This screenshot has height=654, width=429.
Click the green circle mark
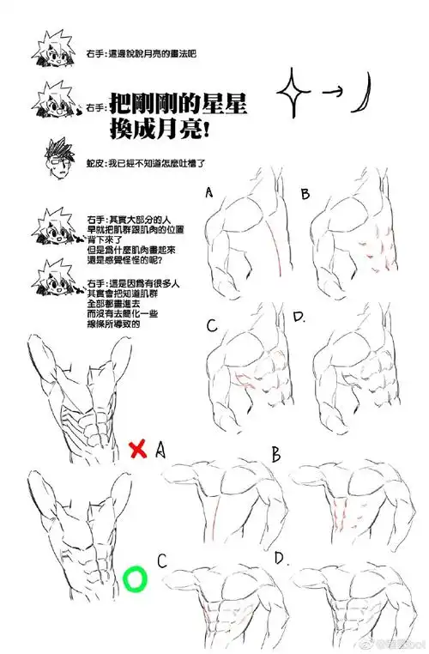pos(134,579)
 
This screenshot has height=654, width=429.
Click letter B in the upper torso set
pos(305,195)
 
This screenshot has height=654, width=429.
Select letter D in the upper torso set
pos(299,318)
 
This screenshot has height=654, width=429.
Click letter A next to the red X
pos(160,450)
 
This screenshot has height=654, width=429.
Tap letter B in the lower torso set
pos(277,454)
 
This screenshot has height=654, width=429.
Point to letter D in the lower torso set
pos(281,559)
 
